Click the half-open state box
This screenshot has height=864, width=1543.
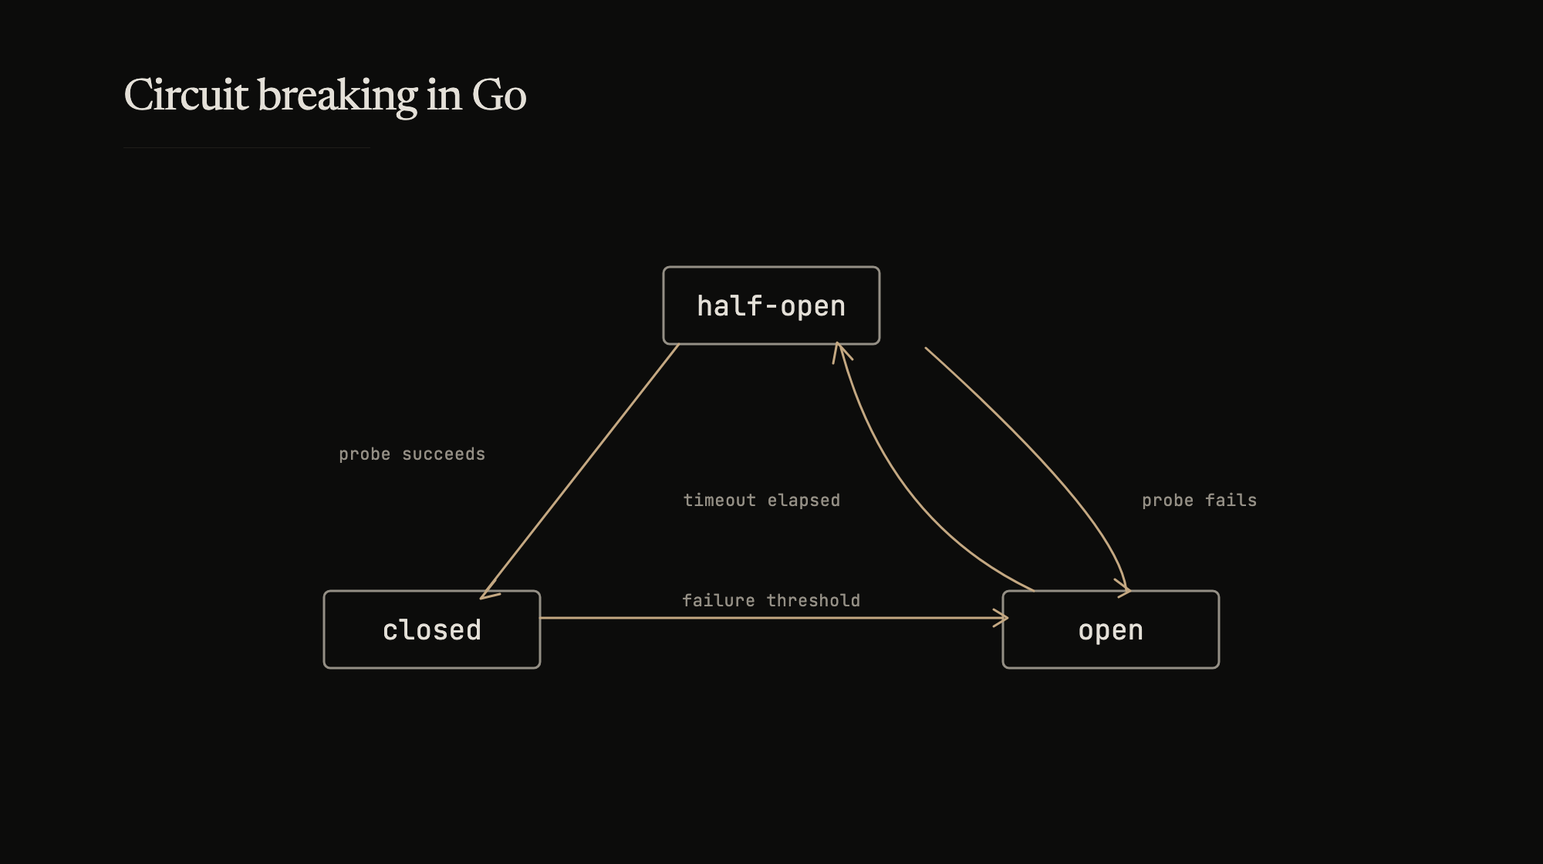point(771,305)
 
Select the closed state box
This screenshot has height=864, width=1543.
point(431,629)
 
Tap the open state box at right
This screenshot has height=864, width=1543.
point(1110,629)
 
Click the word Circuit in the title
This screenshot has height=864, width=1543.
point(186,95)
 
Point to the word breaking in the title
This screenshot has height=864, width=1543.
point(337,95)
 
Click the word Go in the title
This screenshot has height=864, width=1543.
point(498,95)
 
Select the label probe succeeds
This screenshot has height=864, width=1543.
point(412,454)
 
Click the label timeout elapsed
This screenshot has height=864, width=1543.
point(761,501)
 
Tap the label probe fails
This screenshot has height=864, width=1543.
point(1199,501)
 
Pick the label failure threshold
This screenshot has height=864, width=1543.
point(771,601)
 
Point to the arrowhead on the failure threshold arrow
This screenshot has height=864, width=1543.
point(1002,618)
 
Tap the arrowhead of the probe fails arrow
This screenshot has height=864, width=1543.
point(1125,589)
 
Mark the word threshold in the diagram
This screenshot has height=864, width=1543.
point(813,601)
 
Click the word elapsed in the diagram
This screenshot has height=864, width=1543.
point(803,501)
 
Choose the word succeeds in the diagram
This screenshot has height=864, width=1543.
point(444,454)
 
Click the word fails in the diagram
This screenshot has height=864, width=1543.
point(1231,501)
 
